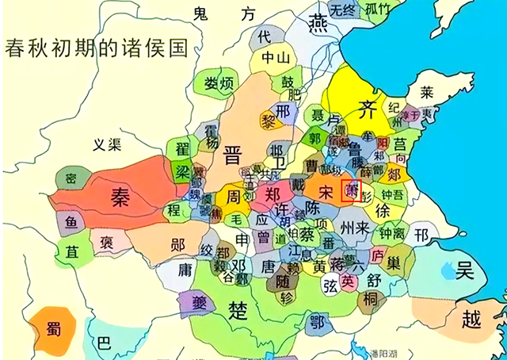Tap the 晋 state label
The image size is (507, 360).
tap(232, 154)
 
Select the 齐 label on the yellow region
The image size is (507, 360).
tap(367, 108)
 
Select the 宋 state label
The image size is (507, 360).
tap(325, 191)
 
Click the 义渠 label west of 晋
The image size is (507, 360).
tap(109, 144)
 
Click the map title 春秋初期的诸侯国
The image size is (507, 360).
tap(96, 46)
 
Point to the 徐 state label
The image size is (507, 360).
tap(383, 211)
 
